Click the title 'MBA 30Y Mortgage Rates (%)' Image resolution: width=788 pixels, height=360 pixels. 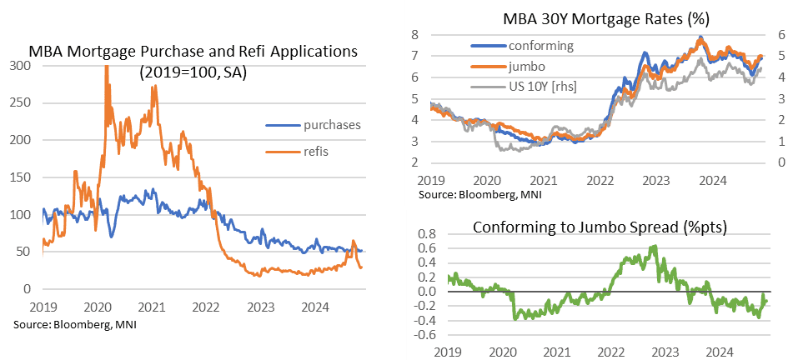click(596, 17)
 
